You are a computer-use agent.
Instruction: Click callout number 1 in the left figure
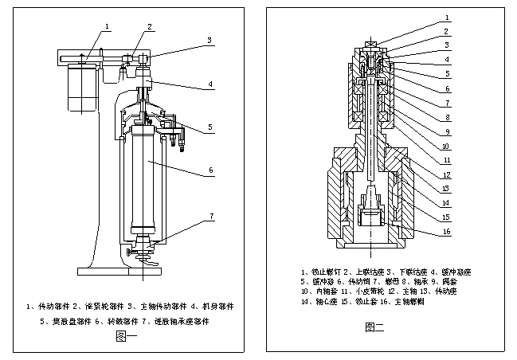(105, 26)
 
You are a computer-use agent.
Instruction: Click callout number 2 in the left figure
(149, 26)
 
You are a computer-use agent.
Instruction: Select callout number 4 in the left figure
(210, 84)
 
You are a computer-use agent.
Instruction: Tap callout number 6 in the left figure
(210, 170)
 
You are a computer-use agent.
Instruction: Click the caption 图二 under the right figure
(374, 327)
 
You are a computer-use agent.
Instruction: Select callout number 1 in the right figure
(448, 17)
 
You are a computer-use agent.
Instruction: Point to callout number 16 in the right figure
(448, 233)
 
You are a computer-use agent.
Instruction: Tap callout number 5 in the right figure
(448, 74)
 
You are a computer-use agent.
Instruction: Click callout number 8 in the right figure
(448, 118)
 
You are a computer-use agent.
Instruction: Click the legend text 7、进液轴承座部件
(179, 322)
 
